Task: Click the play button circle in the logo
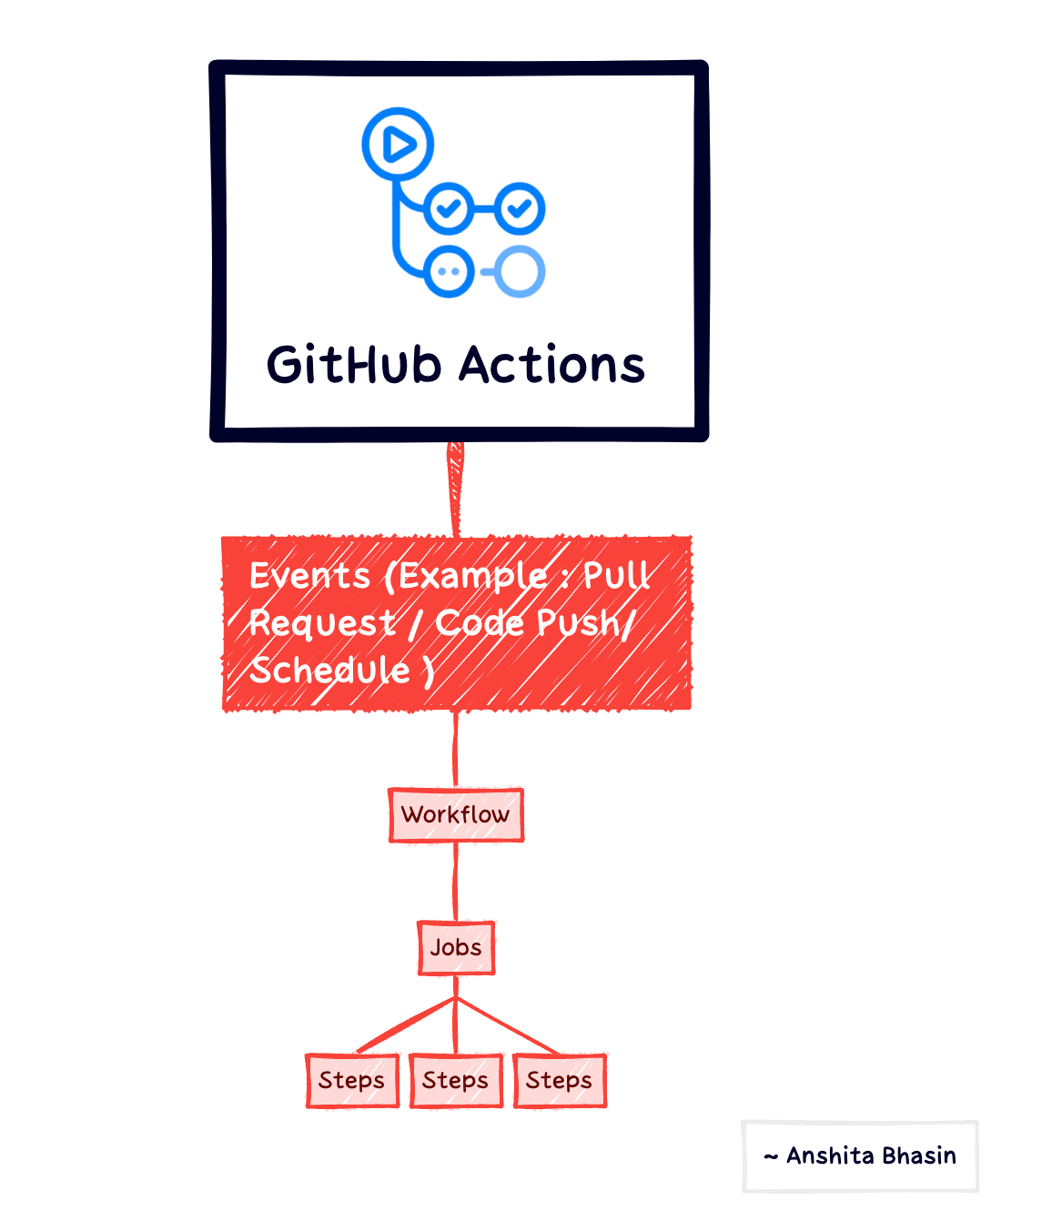[x=398, y=144]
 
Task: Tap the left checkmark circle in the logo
[x=449, y=208]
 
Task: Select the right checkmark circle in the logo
[x=520, y=208]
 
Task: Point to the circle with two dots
[x=449, y=271]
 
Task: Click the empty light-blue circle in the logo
[x=520, y=271]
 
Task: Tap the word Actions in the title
[x=551, y=366]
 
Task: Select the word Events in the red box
[x=310, y=576]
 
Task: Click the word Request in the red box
[x=322, y=623]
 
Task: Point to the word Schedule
[x=330, y=671]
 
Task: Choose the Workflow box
[x=456, y=814]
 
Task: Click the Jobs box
[x=456, y=947]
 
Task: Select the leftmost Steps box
[x=352, y=1080]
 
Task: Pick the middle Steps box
[x=456, y=1080]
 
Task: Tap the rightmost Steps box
[x=560, y=1080]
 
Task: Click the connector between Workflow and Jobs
[x=456, y=881]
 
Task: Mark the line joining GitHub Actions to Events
[x=455, y=489]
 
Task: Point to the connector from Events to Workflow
[x=455, y=749]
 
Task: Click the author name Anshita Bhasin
[x=871, y=1155]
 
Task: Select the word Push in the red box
[x=579, y=623]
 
